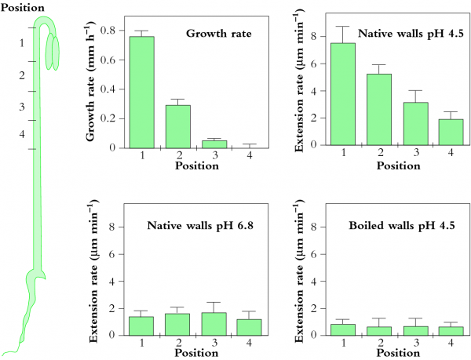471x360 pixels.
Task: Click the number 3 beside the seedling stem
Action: click(22, 107)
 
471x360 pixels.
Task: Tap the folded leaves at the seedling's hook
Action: click(52, 52)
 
